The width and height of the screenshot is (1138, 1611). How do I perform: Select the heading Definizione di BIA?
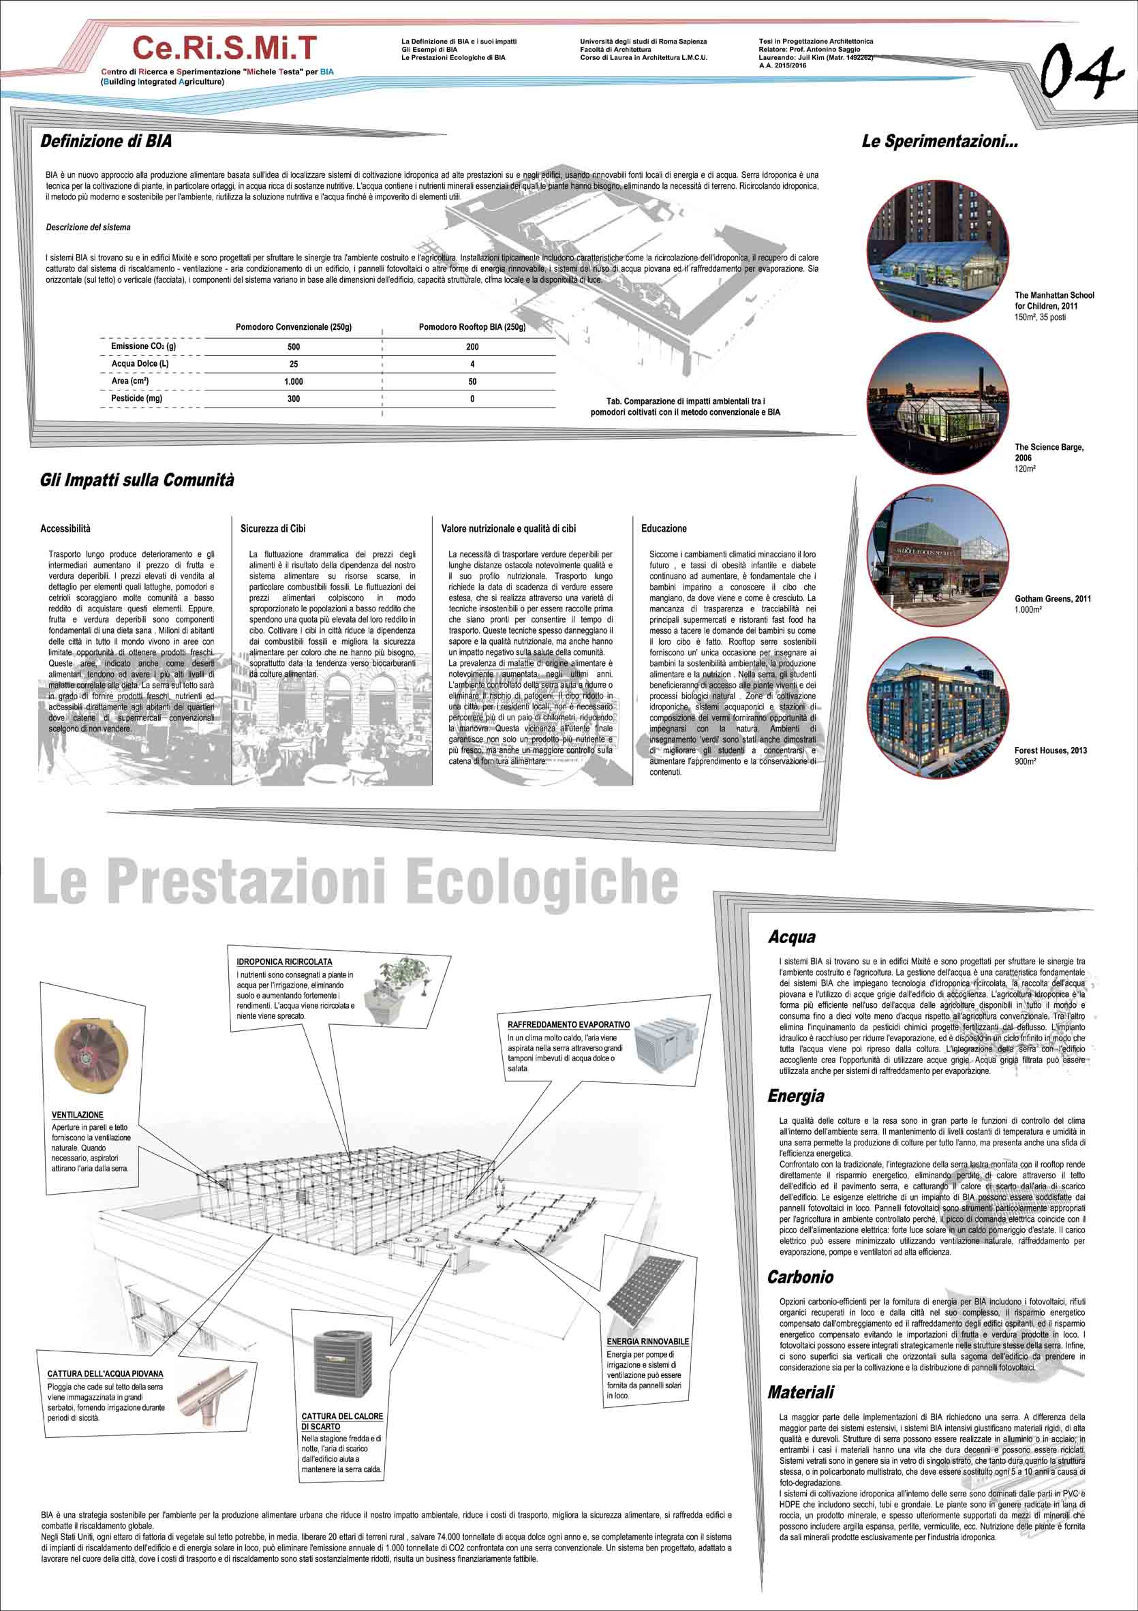pyautogui.click(x=106, y=141)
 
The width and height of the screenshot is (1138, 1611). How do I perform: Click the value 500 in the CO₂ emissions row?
pyautogui.click(x=293, y=347)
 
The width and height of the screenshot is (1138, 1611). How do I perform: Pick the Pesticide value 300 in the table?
pyautogui.click(x=293, y=399)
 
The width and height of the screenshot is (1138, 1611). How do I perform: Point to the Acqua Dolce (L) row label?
pyautogui.click(x=140, y=364)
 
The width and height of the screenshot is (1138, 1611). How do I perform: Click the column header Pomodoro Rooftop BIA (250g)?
pyautogui.click(x=472, y=327)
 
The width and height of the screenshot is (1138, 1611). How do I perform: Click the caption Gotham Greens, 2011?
pyautogui.click(x=1052, y=598)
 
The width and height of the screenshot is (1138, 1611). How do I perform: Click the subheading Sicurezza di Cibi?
pyautogui.click(x=273, y=528)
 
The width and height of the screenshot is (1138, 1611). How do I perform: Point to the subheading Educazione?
pyautogui.click(x=664, y=528)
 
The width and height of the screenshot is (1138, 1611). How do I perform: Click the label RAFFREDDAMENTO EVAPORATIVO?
pyautogui.click(x=568, y=1024)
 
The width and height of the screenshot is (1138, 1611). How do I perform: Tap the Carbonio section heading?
pyautogui.click(x=800, y=1277)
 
